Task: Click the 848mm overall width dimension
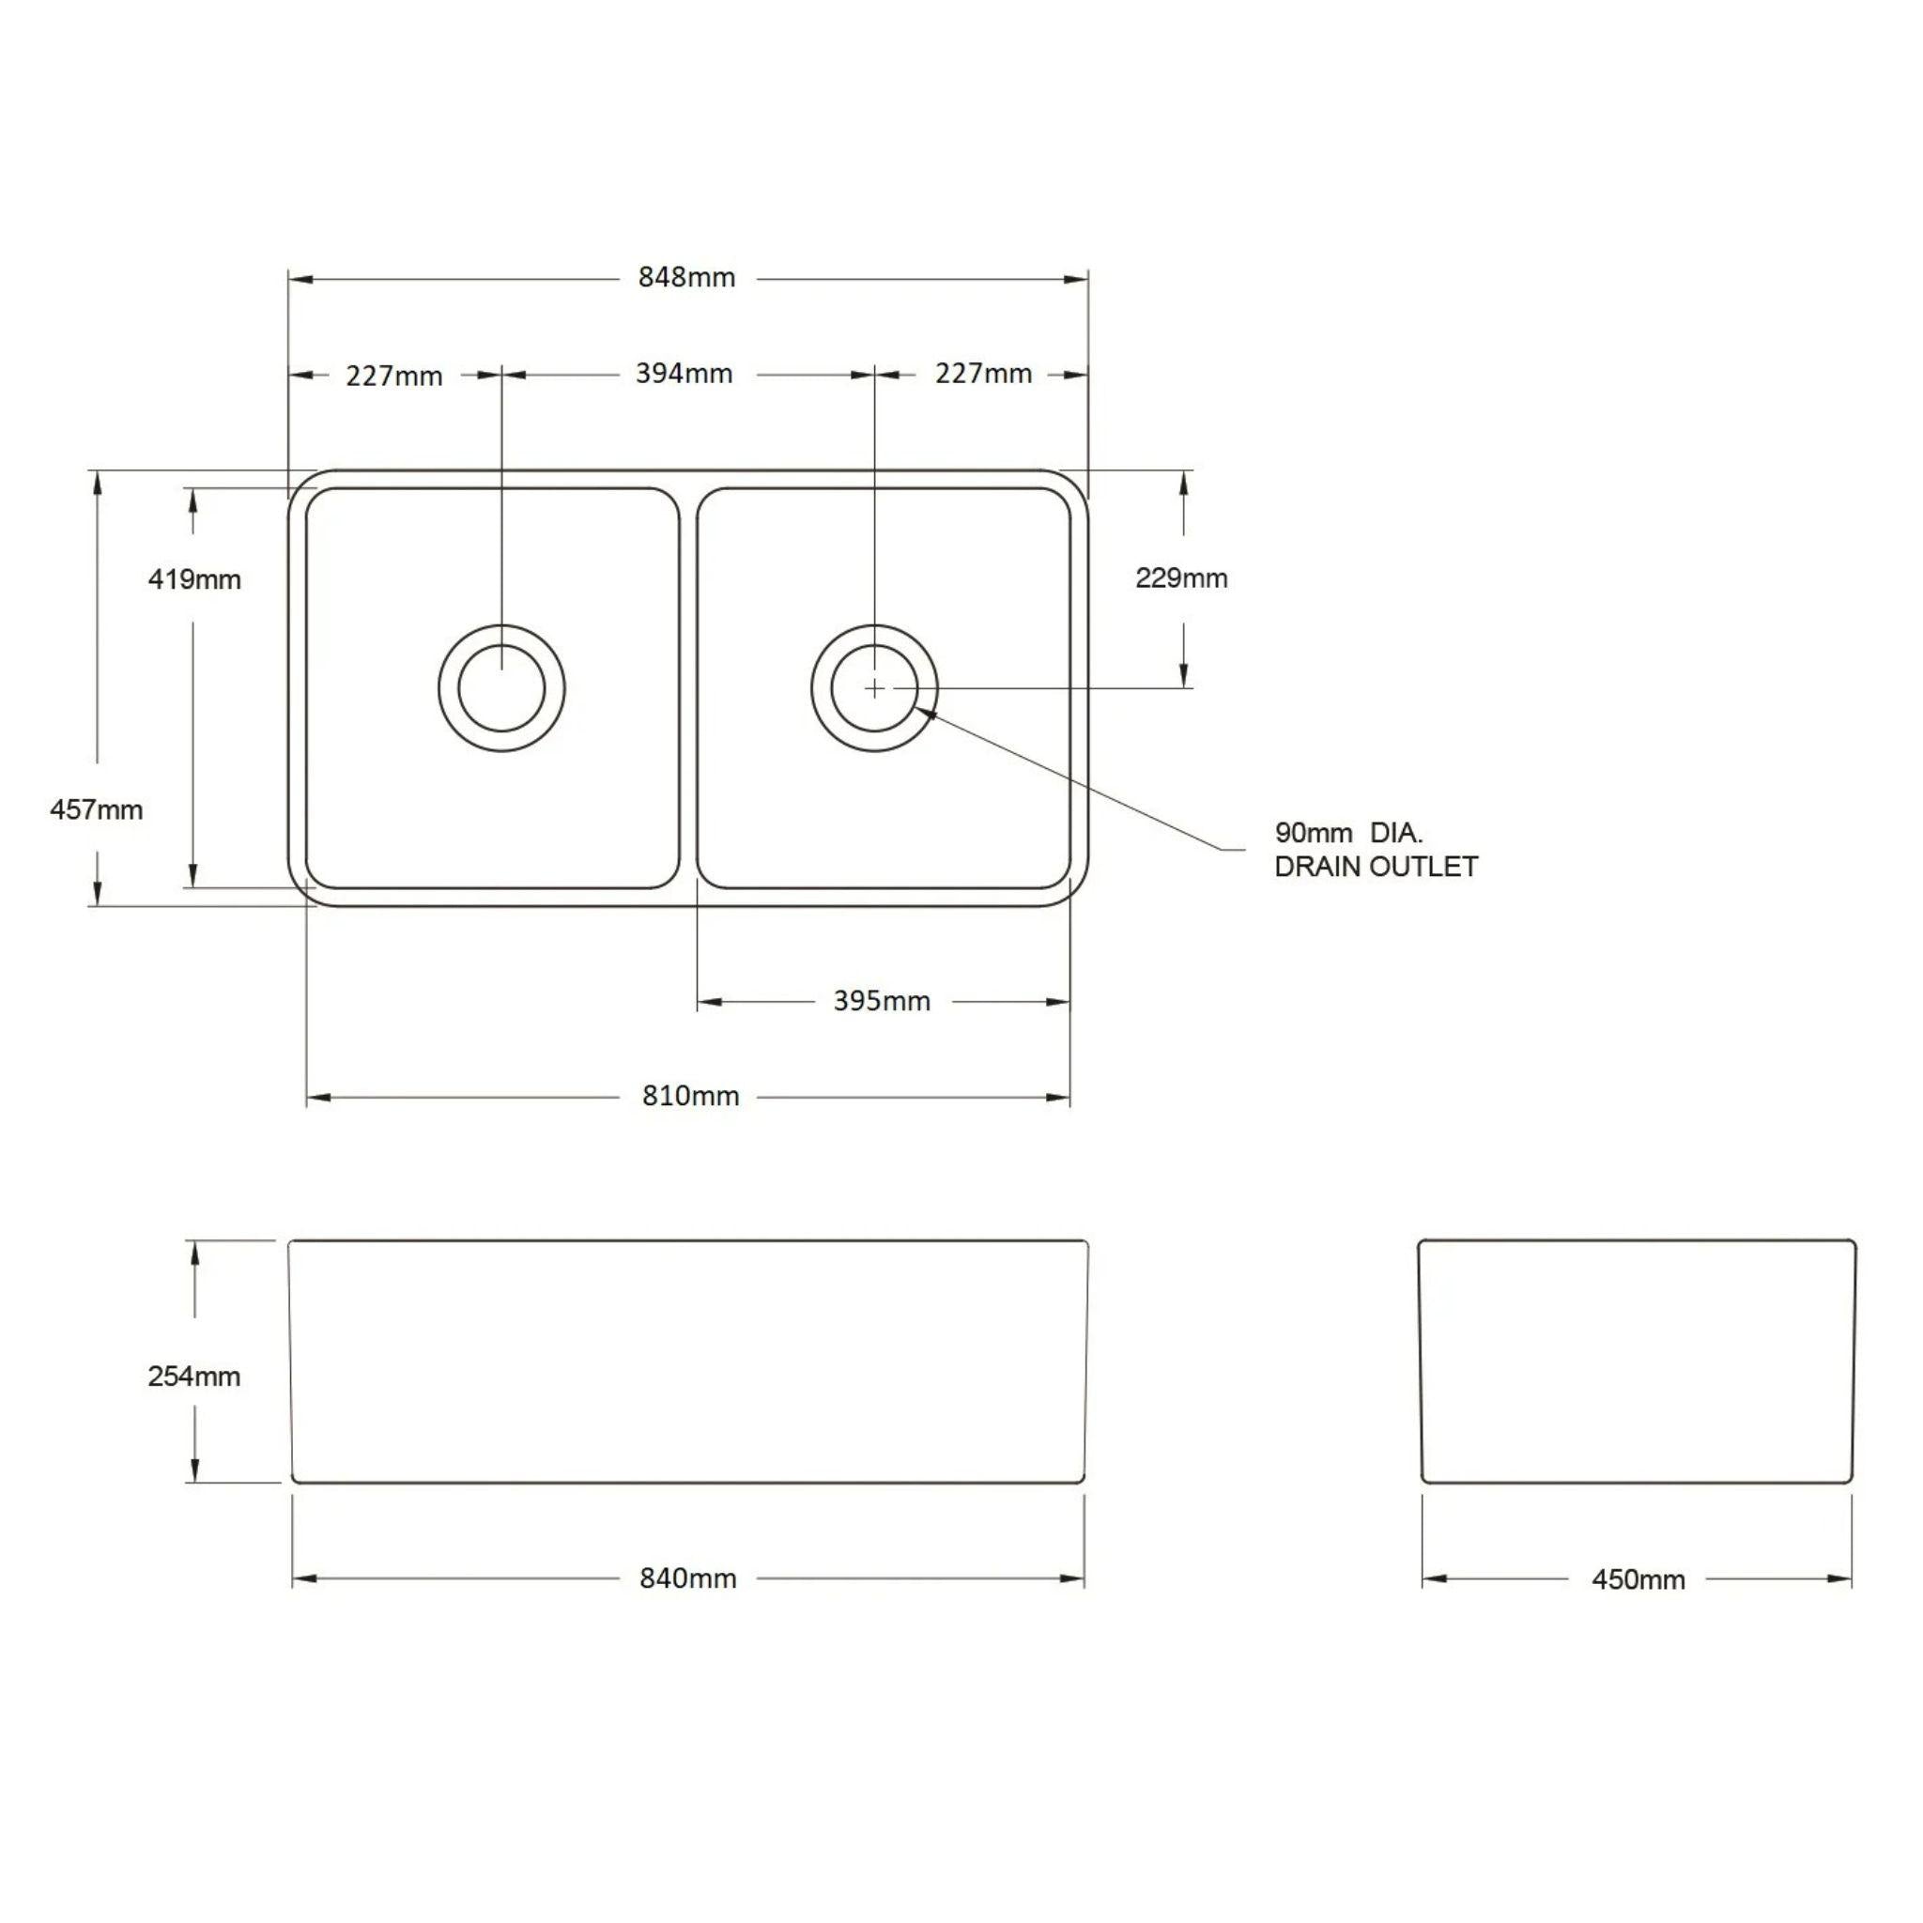[686, 278]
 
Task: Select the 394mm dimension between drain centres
[684, 375]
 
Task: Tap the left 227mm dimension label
[394, 377]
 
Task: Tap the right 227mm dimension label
[982, 375]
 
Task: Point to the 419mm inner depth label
[194, 579]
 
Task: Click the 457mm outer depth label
[97, 810]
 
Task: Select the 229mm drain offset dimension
[1181, 578]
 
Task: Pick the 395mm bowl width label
[882, 1001]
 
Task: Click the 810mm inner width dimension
[690, 1097]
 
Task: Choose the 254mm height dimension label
[194, 1377]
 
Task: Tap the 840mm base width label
[687, 1578]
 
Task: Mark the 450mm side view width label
[1638, 1579]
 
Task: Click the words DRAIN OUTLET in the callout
[1376, 867]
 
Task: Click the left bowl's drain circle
[501, 687]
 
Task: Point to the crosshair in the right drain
[874, 687]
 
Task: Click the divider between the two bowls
[687, 686]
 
